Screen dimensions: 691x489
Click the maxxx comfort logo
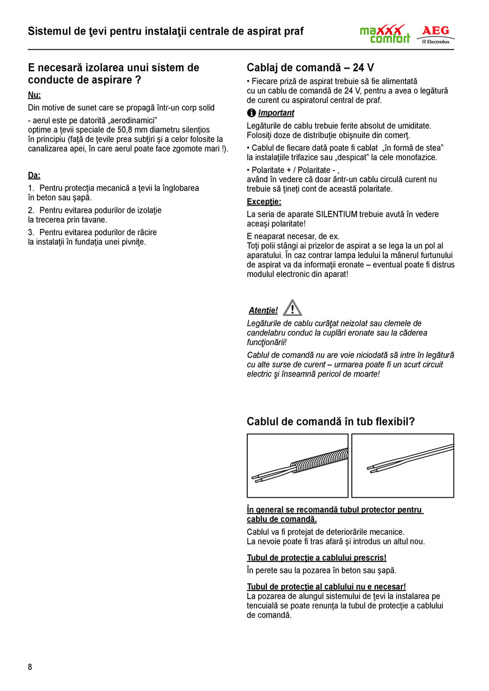[x=384, y=33]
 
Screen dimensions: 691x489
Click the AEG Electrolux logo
[x=435, y=34]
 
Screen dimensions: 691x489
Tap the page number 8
[x=30, y=667]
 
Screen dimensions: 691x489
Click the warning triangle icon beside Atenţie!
[x=292, y=308]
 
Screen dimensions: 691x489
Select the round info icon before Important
[x=251, y=113]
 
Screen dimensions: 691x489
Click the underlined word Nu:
[x=34, y=95]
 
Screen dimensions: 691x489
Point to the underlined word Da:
[x=34, y=175]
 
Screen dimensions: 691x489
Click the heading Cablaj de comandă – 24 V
[x=310, y=68]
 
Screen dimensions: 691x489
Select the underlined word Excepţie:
[x=264, y=202]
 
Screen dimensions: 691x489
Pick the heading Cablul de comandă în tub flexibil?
[x=331, y=422]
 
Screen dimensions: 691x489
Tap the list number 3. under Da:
[x=31, y=233]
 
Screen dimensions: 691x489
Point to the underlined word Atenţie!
[x=263, y=311]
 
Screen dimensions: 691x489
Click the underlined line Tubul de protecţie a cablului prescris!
[x=316, y=558]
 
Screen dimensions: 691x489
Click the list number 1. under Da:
[x=31, y=188]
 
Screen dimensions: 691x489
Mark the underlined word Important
[x=276, y=113]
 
